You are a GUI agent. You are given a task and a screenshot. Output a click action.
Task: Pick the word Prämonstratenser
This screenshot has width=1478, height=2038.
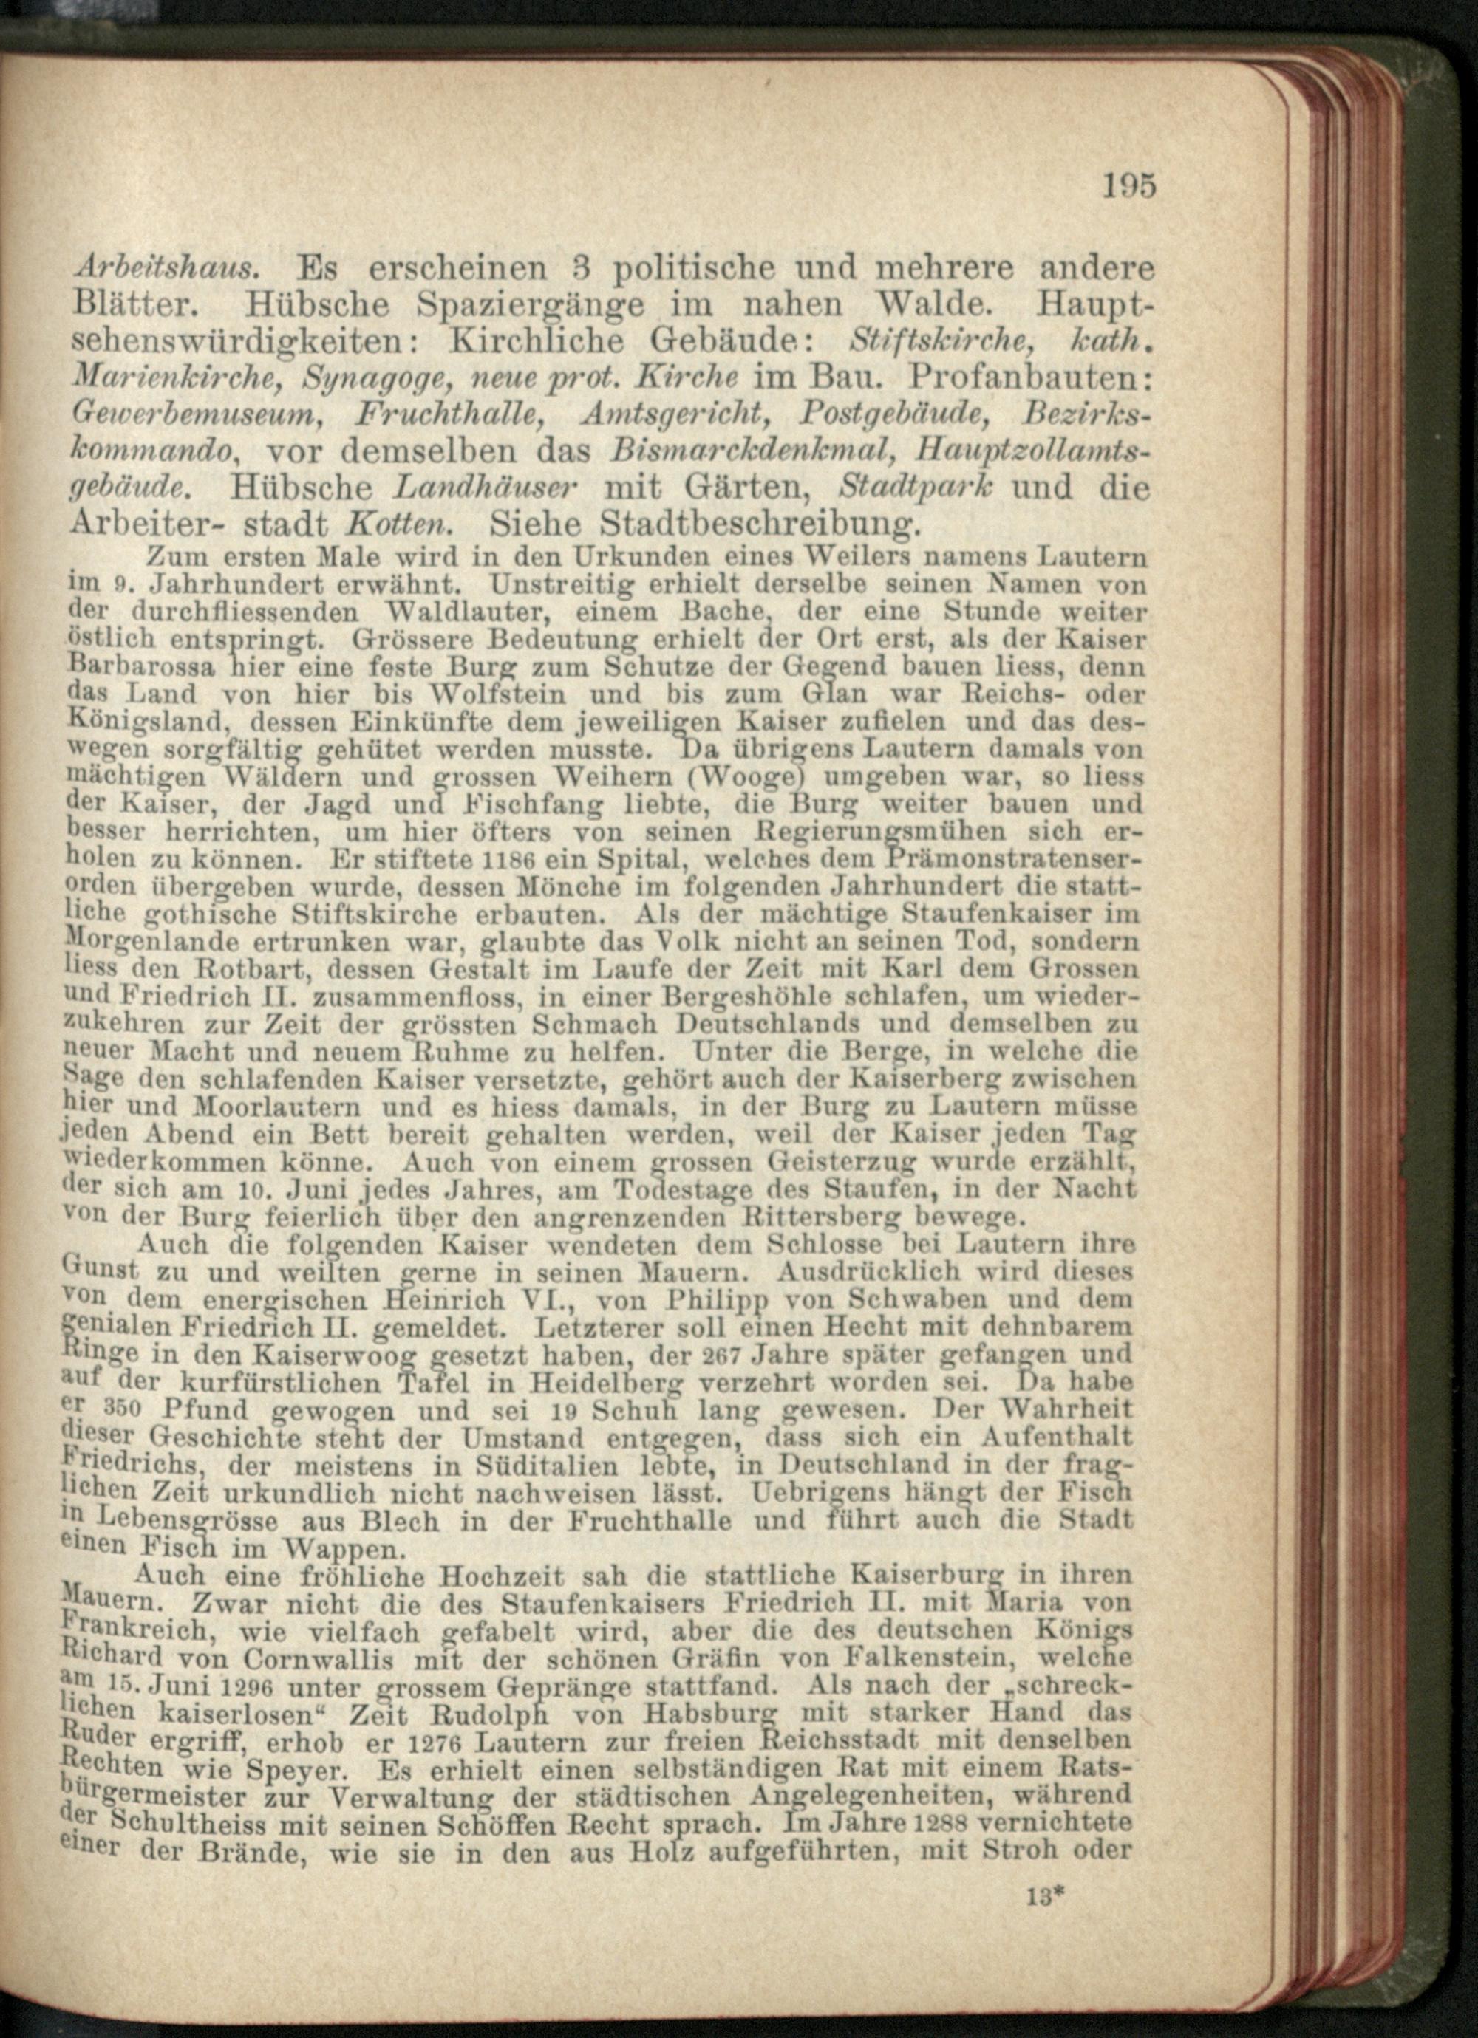[x=1018, y=858]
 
